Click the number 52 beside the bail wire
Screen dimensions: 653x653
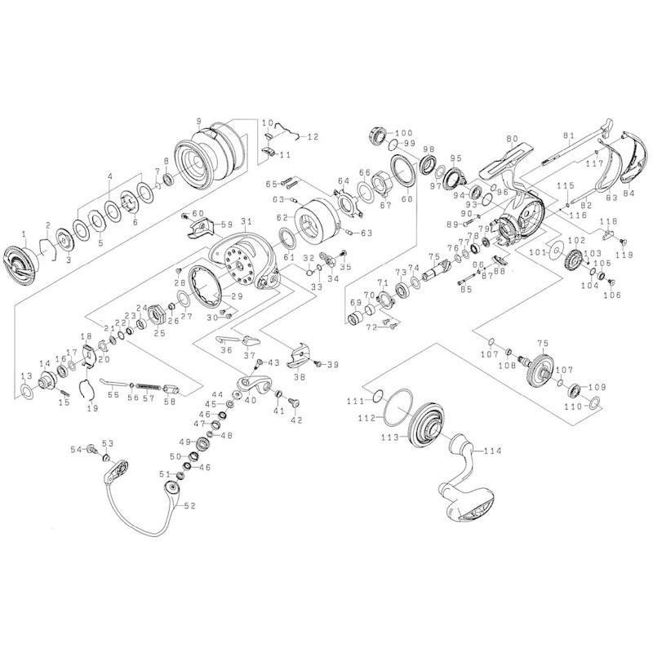[x=189, y=505]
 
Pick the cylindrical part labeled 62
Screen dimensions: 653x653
[x=311, y=220]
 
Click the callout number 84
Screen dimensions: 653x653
[x=628, y=193]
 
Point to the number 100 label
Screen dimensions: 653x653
[x=404, y=132]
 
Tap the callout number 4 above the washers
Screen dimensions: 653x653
[x=109, y=176]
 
